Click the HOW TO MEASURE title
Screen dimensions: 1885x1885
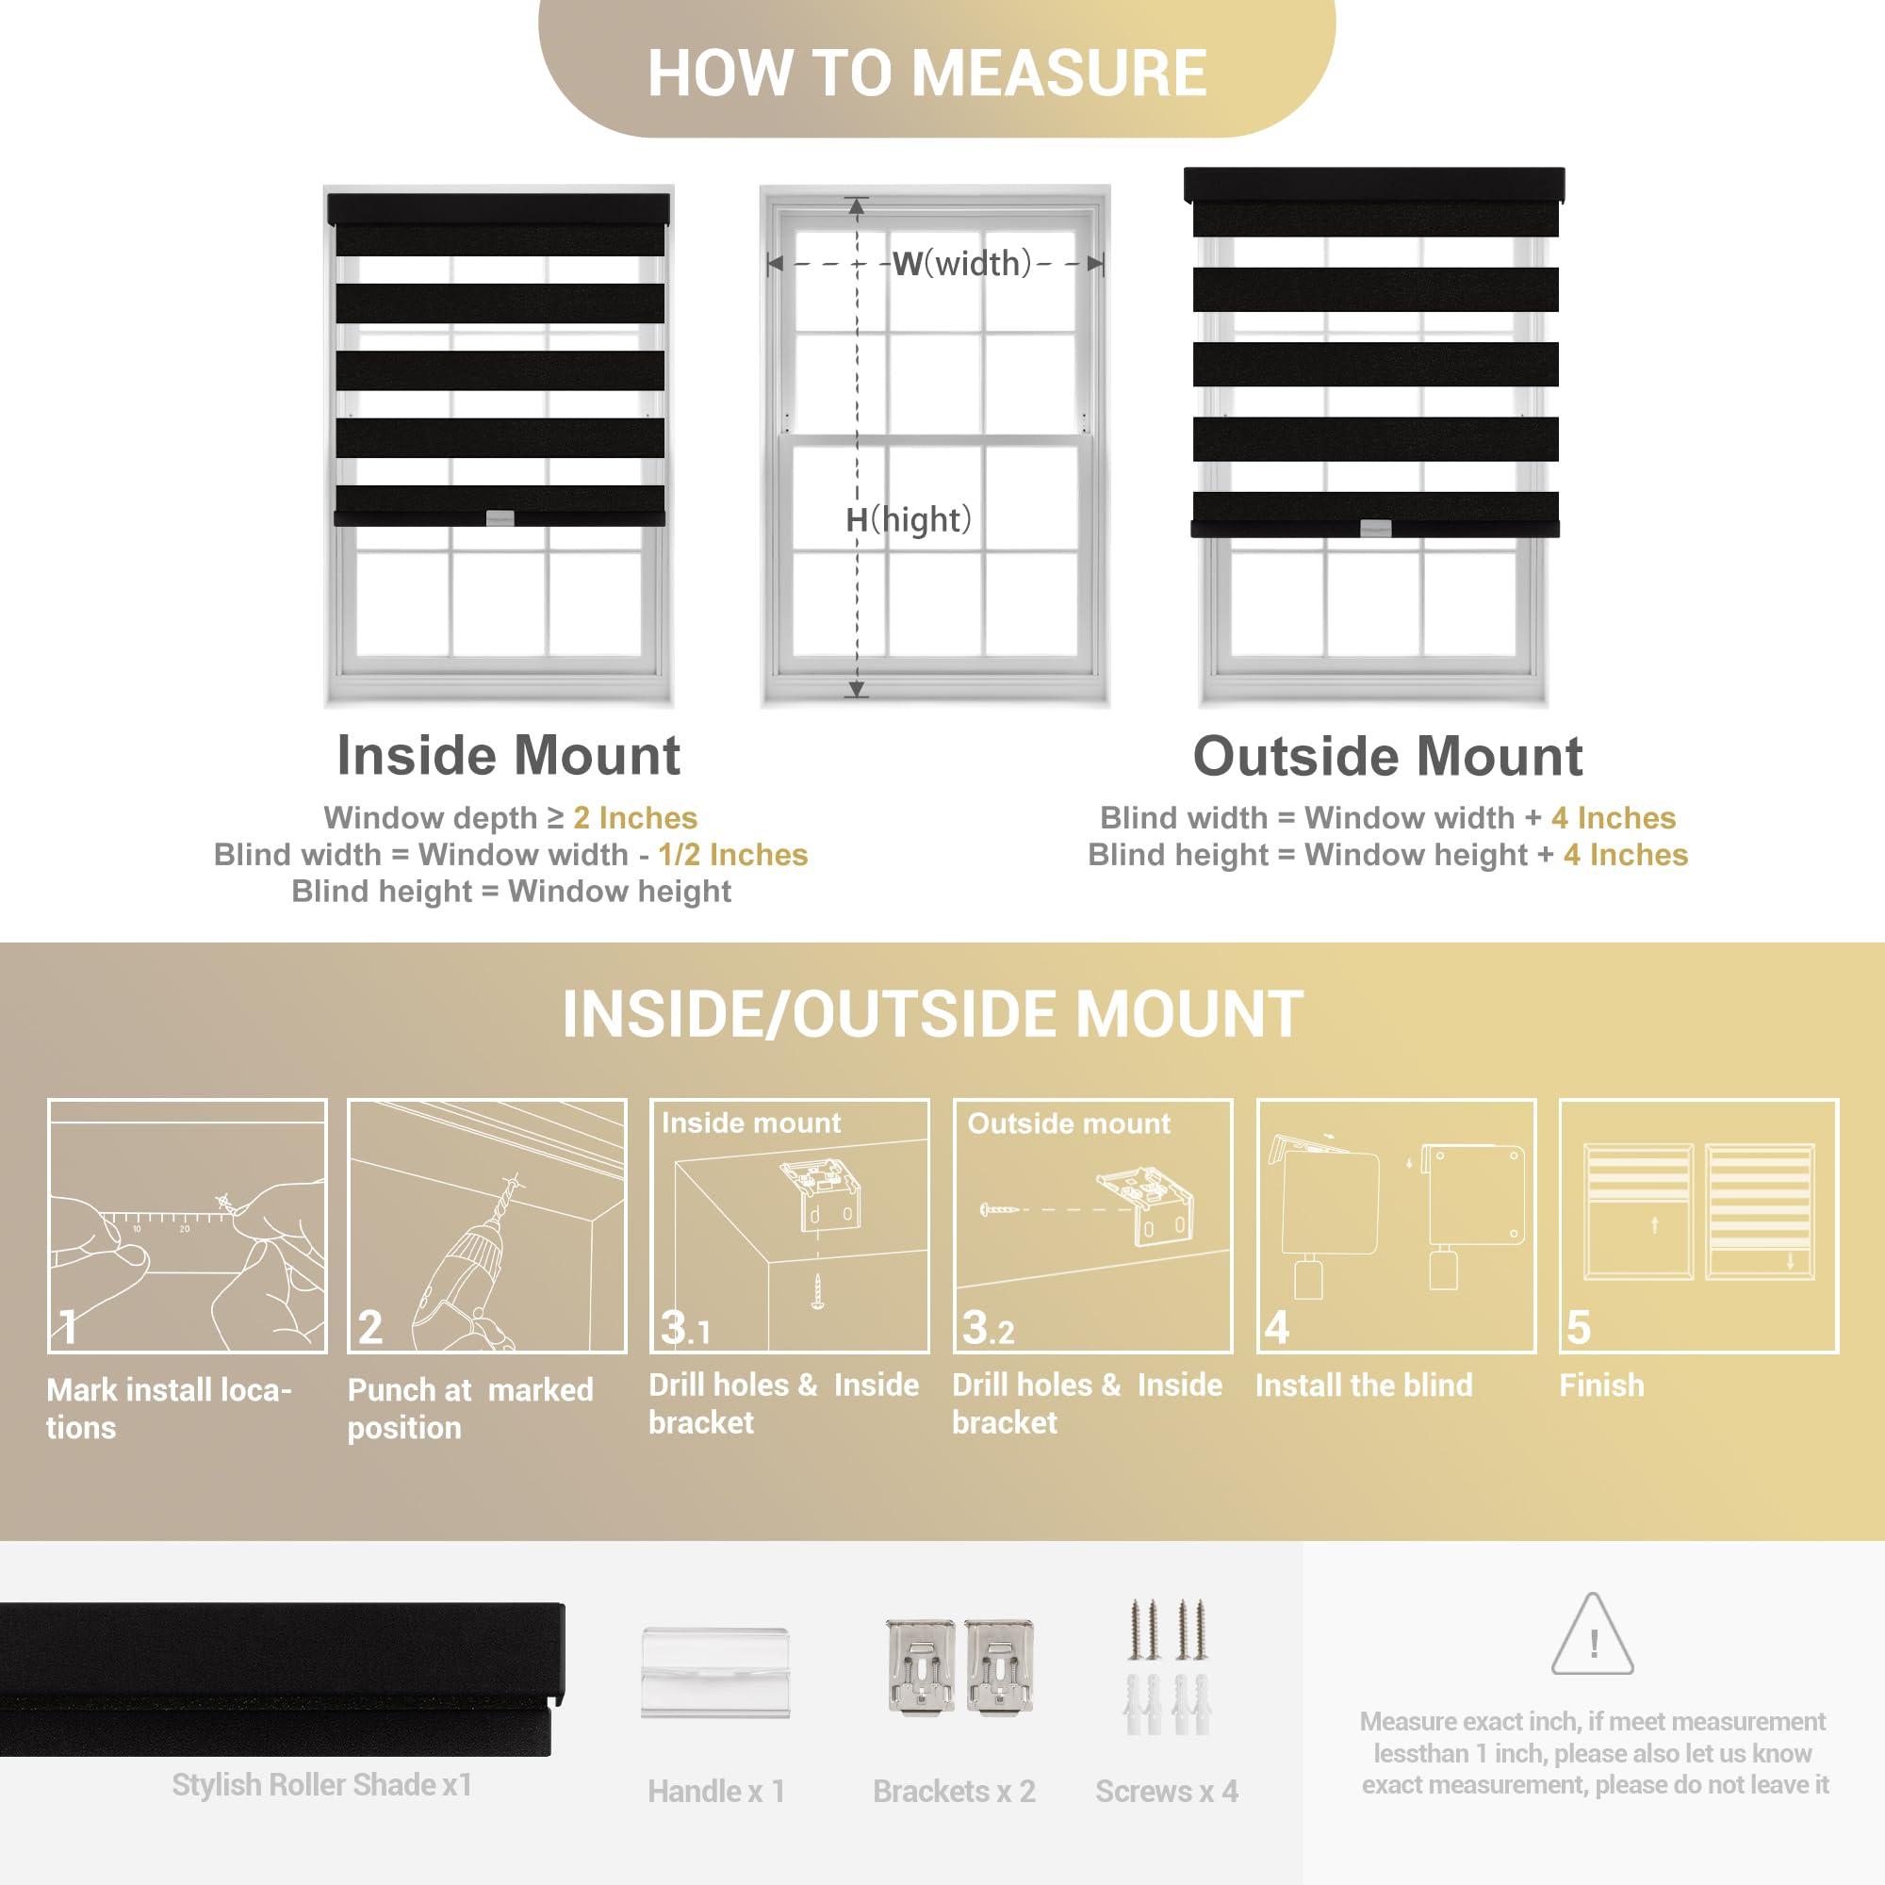pos(926,74)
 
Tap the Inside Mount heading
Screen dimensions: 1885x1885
pos(508,755)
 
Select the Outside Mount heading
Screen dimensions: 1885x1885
pos(1387,756)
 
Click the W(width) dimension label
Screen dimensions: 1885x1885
pos(962,264)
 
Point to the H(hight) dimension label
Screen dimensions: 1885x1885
pos(909,520)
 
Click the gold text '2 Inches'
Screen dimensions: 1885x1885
pos(635,817)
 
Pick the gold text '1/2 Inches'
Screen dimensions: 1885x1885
pos(732,855)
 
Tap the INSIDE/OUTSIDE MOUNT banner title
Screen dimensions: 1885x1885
pos(933,1014)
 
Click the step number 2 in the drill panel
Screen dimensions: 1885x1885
pos(369,1327)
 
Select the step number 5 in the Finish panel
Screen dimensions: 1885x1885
pos(1578,1327)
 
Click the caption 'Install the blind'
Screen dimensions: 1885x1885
pos(1364,1385)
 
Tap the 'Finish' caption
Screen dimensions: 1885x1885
pos(1602,1385)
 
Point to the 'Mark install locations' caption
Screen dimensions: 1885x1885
pos(169,1408)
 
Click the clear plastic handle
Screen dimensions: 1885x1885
pos(715,1672)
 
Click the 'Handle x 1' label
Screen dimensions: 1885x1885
pos(716,1792)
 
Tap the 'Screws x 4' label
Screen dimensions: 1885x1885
pos(1167,1792)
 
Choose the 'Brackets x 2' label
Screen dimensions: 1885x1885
pos(954,1792)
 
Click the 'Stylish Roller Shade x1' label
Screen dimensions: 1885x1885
pos(322,1784)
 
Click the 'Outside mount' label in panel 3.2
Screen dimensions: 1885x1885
pos(1069,1124)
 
